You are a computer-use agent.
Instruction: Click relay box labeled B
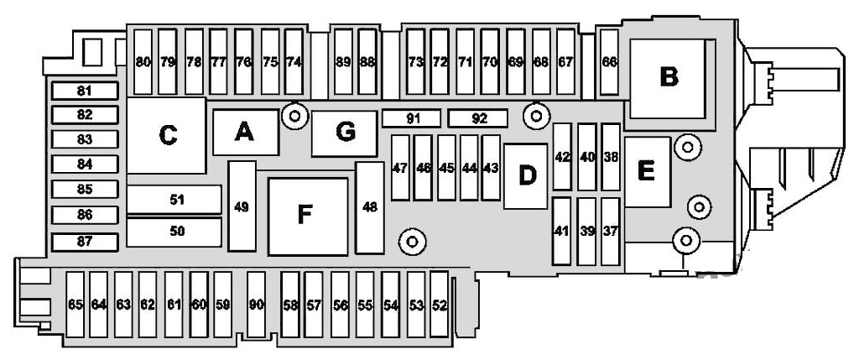pyautogui.click(x=669, y=78)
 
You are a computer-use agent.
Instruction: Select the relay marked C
pyautogui.click(x=167, y=136)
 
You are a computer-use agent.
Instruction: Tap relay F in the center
pyautogui.click(x=308, y=217)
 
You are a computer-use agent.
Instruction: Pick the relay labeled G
pyautogui.click(x=344, y=133)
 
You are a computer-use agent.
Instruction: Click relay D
pyautogui.click(x=526, y=176)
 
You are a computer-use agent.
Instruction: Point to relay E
pyautogui.click(x=647, y=172)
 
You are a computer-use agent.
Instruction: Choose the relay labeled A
pyautogui.click(x=246, y=133)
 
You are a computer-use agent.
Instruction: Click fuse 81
pyautogui.click(x=85, y=91)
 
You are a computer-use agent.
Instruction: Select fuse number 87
pyautogui.click(x=85, y=242)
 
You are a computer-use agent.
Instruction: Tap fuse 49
pyautogui.click(x=242, y=206)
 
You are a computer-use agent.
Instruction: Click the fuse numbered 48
pyautogui.click(x=370, y=207)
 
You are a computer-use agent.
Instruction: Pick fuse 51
pyautogui.click(x=174, y=200)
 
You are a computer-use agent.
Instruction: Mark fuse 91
pyautogui.click(x=411, y=118)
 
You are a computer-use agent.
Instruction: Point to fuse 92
pyautogui.click(x=477, y=118)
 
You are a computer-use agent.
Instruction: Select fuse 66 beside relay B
pyautogui.click(x=609, y=62)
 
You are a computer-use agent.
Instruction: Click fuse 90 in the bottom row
pyautogui.click(x=256, y=305)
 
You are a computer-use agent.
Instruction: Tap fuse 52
pyautogui.click(x=439, y=305)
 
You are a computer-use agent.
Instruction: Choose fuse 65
pyautogui.click(x=76, y=305)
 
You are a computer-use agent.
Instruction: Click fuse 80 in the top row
pyautogui.click(x=143, y=62)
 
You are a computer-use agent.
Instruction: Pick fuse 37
pyautogui.click(x=611, y=231)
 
